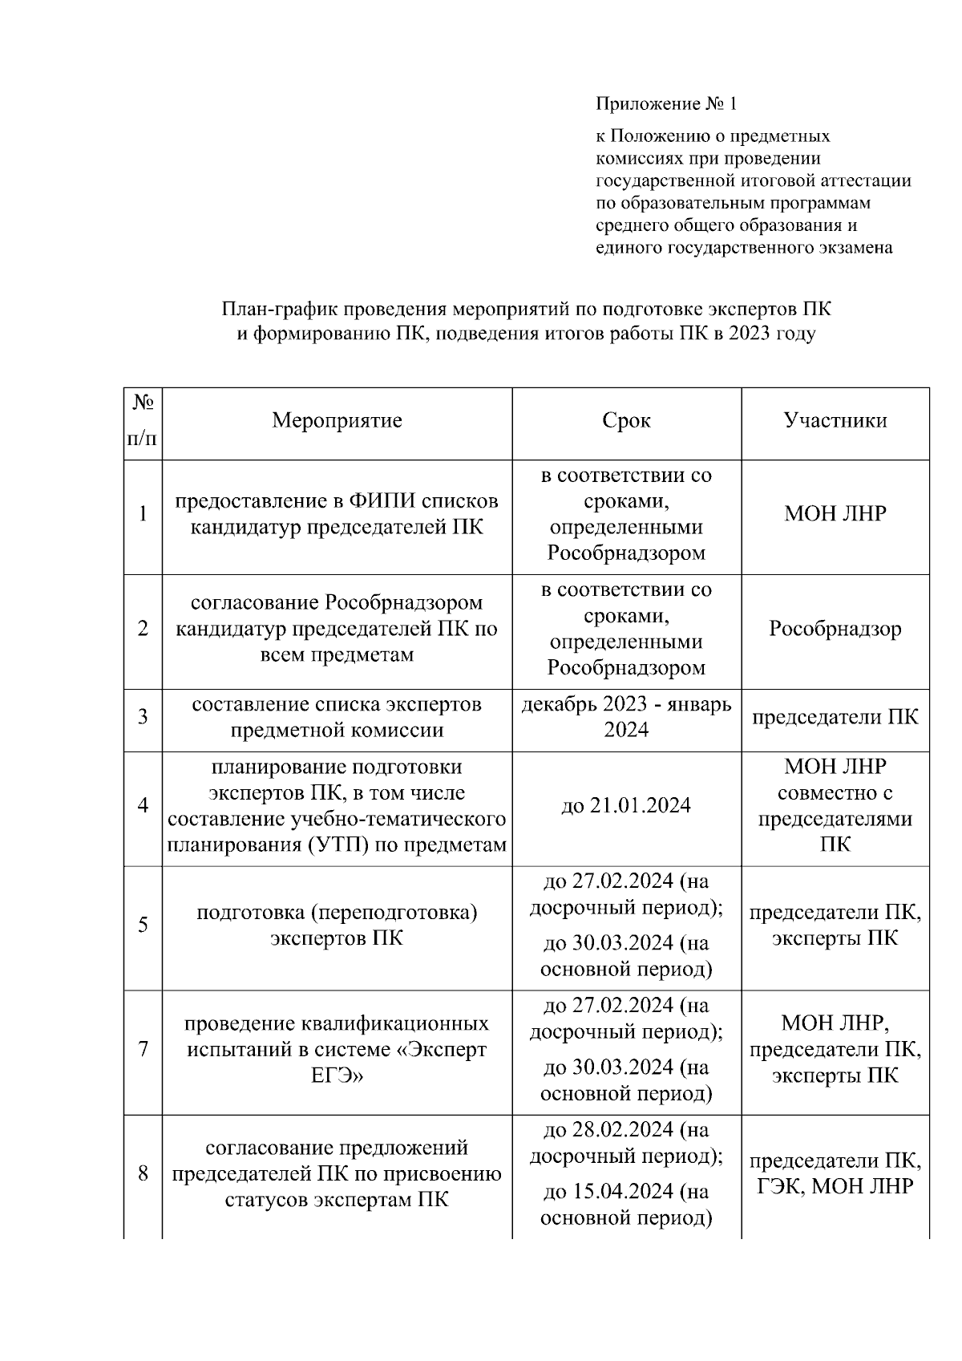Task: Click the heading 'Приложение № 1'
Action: [x=665, y=104]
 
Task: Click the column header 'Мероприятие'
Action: [x=337, y=421]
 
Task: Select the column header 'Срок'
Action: [x=626, y=421]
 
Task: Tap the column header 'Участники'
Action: [x=835, y=421]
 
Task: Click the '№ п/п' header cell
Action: [x=143, y=421]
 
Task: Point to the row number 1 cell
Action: [x=143, y=514]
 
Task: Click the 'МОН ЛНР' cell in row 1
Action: [x=835, y=514]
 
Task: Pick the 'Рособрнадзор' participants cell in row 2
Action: [x=835, y=629]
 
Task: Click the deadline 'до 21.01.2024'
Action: [x=626, y=806]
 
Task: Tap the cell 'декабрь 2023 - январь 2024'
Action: [x=626, y=717]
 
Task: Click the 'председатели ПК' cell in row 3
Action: [x=835, y=717]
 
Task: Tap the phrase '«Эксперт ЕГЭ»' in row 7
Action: [x=401, y=1062]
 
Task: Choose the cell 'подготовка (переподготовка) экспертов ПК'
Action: [x=337, y=926]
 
